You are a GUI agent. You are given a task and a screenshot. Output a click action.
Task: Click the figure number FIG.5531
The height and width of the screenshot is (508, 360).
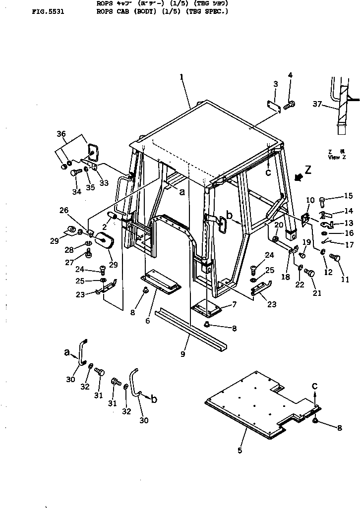[47, 10]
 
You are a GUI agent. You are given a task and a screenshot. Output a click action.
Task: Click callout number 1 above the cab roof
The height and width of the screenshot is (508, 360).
[181, 77]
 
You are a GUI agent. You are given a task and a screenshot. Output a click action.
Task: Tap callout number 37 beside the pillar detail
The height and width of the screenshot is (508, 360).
[317, 103]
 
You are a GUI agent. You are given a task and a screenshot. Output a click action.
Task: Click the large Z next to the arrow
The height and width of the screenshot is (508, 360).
[308, 170]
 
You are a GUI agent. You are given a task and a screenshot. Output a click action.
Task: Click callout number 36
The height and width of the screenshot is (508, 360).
[61, 134]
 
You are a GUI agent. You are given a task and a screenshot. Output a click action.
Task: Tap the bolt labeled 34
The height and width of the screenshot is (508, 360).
[75, 173]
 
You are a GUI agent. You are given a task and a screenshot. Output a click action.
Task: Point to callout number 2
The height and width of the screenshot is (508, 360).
[105, 227]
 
